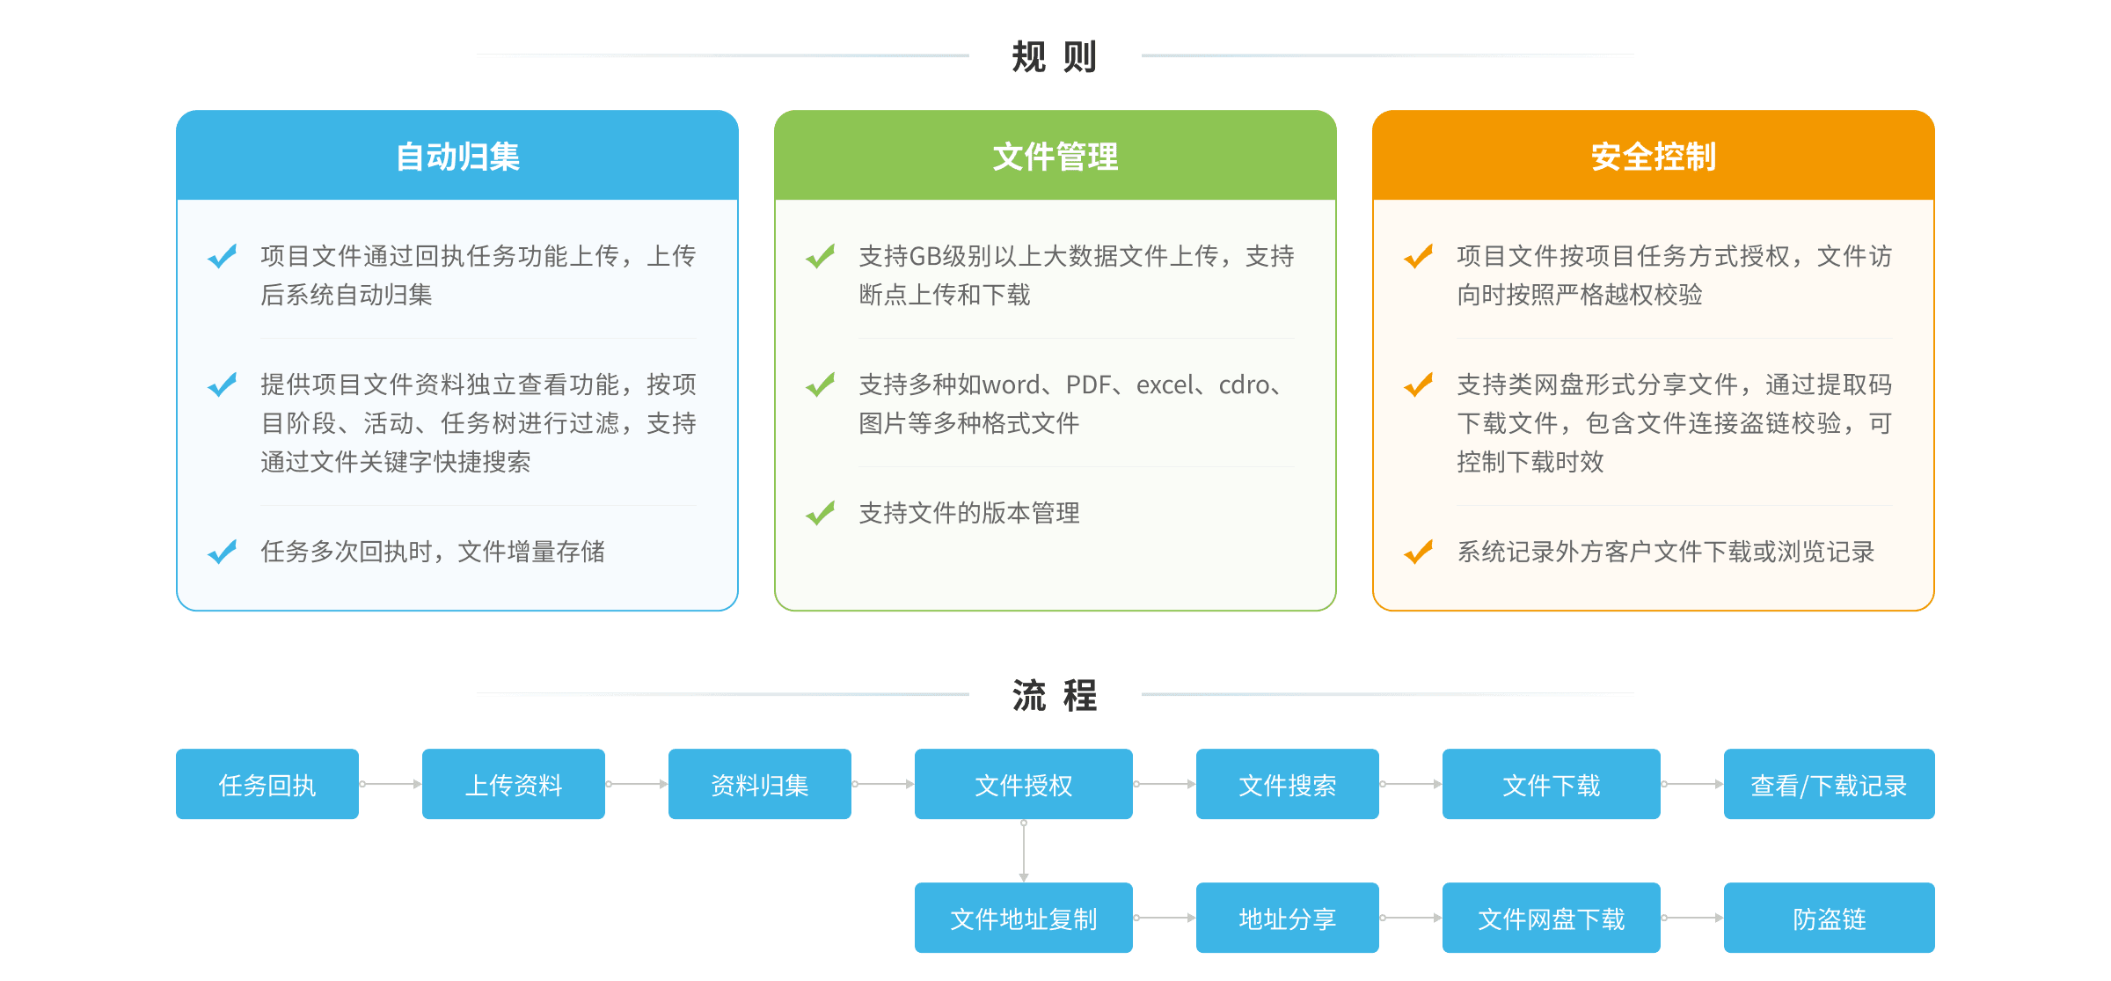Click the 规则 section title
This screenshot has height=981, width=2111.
pos(1055,57)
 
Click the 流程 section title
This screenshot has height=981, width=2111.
pos(1055,696)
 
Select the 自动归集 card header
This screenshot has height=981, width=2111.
pos(457,157)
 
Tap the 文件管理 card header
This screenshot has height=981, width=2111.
pos(1055,157)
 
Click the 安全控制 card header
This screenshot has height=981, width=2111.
pos(1654,157)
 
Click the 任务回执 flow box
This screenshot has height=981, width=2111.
pos(267,785)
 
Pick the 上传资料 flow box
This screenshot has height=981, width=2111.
pos(514,785)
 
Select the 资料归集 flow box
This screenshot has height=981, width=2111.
pos(760,785)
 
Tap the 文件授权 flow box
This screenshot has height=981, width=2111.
pos(1024,785)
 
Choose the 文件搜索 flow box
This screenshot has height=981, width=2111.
pos(1288,785)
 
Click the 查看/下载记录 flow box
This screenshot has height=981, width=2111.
pos(1830,785)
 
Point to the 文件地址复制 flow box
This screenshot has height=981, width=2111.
pos(1024,919)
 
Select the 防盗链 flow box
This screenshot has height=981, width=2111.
pos(1830,919)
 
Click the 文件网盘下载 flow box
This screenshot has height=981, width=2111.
pos(1552,919)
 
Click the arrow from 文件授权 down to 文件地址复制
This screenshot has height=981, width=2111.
pos(1024,851)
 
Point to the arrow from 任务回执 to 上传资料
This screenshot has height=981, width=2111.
pos(391,784)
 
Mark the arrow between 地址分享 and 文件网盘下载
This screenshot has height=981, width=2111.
pos(1411,918)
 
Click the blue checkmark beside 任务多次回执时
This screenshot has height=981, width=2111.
pos(223,552)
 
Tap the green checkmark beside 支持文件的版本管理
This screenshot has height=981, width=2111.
pos(821,512)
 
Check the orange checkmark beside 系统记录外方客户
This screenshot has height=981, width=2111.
pos(1419,552)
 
